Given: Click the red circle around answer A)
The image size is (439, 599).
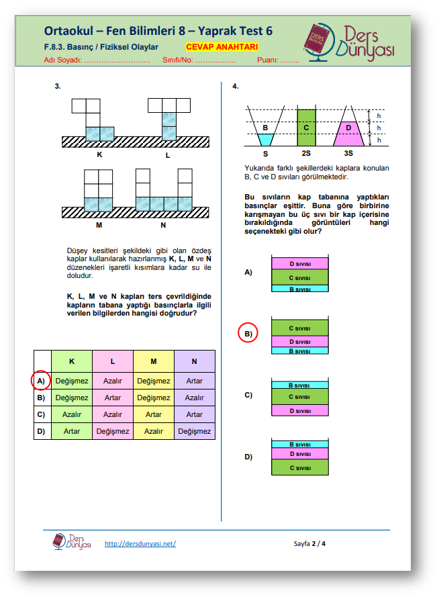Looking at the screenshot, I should point(42,381).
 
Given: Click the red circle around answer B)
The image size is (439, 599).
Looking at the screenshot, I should point(248,333).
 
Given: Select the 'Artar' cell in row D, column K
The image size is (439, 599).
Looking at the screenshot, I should point(72,431).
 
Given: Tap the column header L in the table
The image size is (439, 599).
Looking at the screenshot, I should point(113,361).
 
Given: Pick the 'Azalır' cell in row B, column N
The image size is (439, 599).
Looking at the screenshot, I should point(195,398).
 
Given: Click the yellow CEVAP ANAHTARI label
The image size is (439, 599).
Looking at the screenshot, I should point(222,48).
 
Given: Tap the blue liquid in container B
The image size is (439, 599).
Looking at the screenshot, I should point(266,139).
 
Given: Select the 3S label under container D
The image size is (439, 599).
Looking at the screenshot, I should point(348,153).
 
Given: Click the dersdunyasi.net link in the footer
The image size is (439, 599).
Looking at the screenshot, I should point(140,543).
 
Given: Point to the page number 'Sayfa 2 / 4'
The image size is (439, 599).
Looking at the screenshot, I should point(310,543).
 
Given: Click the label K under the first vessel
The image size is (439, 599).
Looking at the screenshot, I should point(99,154).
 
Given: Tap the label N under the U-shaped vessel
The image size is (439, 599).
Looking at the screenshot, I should point(163,225).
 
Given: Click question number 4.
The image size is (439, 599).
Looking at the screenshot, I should point(236,87).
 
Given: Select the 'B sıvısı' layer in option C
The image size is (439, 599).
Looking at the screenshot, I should point(299,385).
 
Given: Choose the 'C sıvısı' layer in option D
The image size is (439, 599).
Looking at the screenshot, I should point(299,467).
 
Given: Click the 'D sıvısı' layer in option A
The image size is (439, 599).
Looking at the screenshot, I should point(299,263).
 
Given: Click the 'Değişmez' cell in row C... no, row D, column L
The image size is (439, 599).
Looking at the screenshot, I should point(113,431).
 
